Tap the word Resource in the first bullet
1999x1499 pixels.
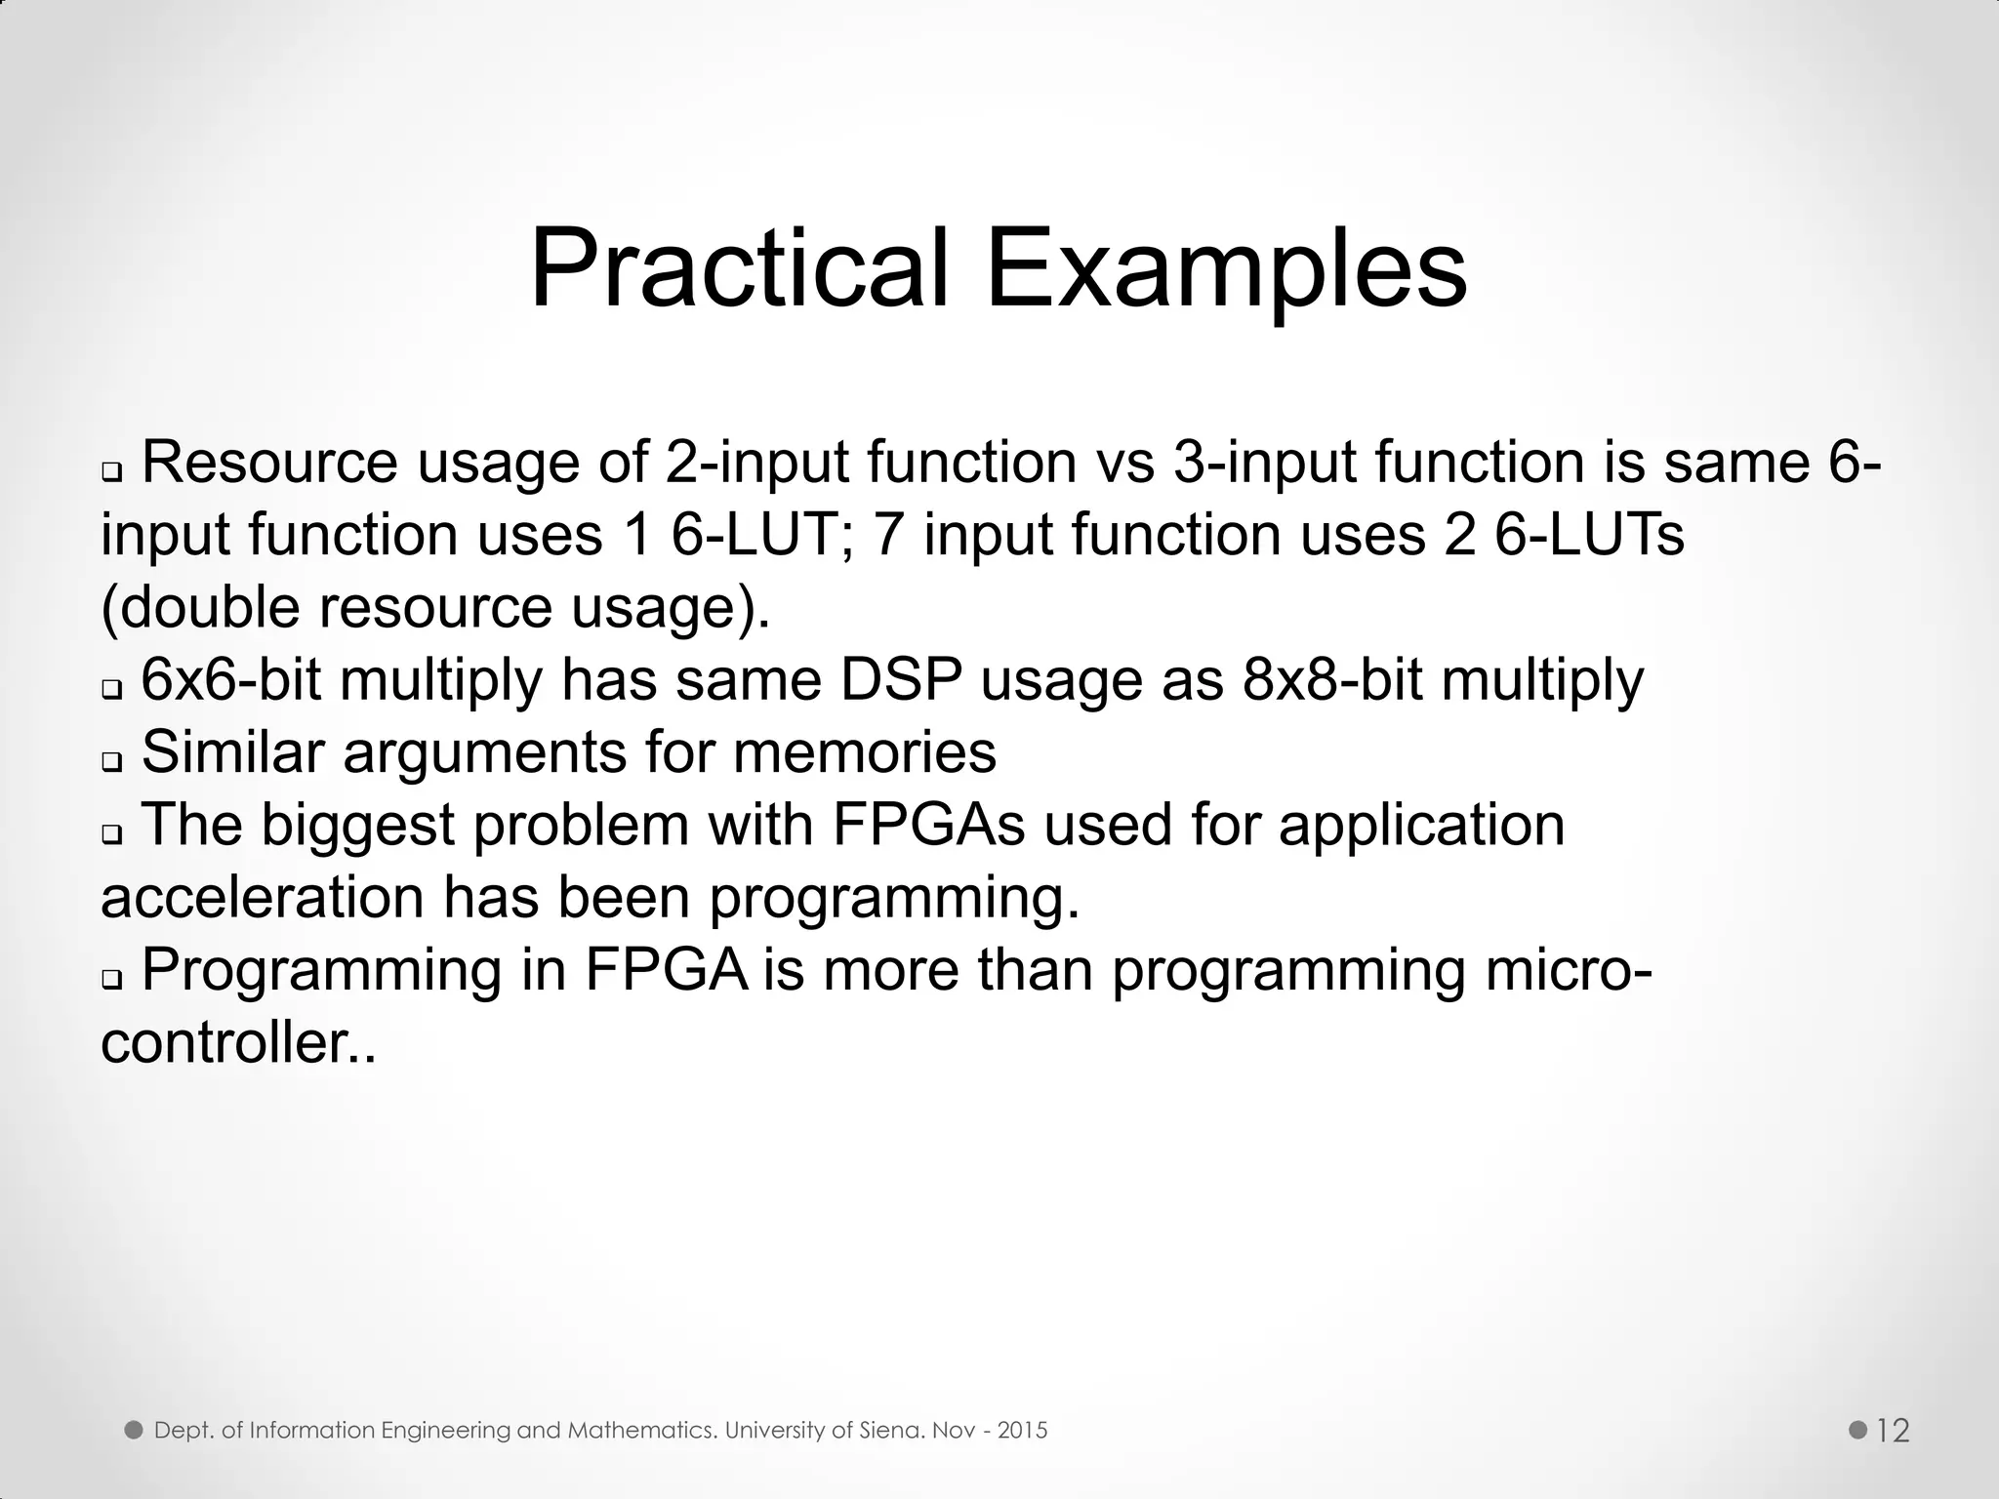click(x=269, y=462)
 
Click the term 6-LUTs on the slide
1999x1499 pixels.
click(x=1589, y=535)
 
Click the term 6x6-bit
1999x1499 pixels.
click(x=231, y=680)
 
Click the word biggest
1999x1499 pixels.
click(x=358, y=826)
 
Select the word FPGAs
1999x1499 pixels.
click(x=928, y=825)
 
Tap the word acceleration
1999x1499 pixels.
click(x=262, y=898)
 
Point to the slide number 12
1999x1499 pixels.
click(x=1893, y=1432)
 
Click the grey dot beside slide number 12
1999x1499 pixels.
click(x=1858, y=1431)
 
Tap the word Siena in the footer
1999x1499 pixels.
click(x=892, y=1431)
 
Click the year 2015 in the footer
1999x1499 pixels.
click(x=1023, y=1431)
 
